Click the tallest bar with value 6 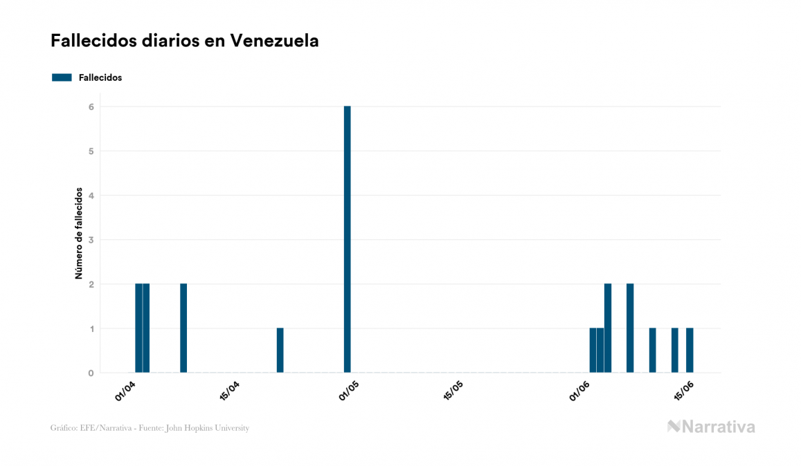click(x=347, y=239)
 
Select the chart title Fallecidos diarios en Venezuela click(x=185, y=41)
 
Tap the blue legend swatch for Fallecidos click(x=62, y=77)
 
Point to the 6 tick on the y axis click(x=91, y=106)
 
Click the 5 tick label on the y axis click(x=91, y=151)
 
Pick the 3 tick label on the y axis click(x=91, y=240)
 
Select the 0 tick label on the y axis click(x=91, y=373)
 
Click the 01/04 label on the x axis click(x=125, y=390)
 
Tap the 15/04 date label click(x=229, y=390)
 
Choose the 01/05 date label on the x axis click(x=348, y=390)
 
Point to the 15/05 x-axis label click(x=453, y=390)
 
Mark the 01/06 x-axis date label click(x=579, y=390)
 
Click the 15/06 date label click(x=684, y=390)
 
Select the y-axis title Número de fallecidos click(x=80, y=233)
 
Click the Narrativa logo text click(x=718, y=427)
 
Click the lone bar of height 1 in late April click(x=280, y=351)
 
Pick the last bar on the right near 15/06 click(x=690, y=351)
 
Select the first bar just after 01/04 click(x=138, y=328)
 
